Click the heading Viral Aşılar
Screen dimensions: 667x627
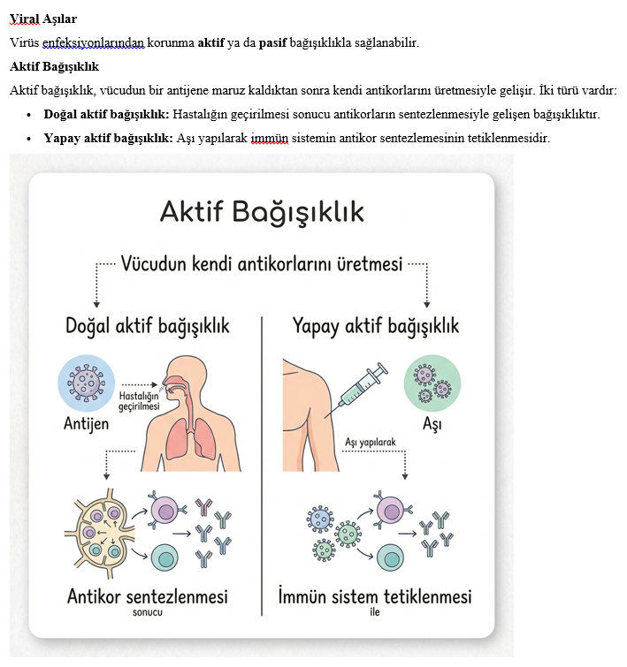coord(42,17)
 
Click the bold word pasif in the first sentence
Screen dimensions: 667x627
coord(273,42)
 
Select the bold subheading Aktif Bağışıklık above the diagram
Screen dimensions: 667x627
coord(54,66)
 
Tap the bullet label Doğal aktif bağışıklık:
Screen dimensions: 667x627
coord(106,115)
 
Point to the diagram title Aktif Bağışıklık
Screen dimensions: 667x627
coord(262,212)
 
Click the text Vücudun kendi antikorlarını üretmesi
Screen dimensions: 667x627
coord(262,263)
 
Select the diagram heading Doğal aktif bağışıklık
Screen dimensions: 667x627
coord(148,326)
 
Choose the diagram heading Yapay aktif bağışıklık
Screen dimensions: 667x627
coord(376,326)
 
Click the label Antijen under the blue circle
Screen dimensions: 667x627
coord(87,423)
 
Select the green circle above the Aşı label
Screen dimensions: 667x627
coord(432,383)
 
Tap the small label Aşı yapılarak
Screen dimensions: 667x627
coord(370,442)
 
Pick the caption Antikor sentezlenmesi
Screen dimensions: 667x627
coord(148,596)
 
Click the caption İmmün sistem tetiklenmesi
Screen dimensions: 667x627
coord(375,596)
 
